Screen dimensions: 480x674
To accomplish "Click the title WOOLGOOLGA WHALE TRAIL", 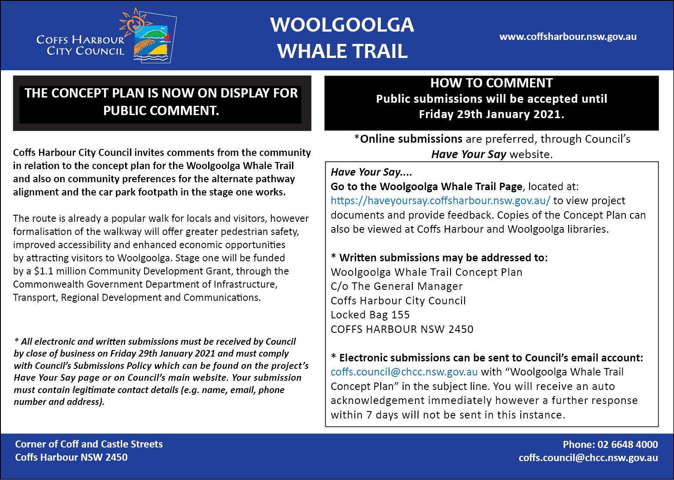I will pos(342,38).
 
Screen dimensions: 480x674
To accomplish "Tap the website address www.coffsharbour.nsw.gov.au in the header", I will pos(568,37).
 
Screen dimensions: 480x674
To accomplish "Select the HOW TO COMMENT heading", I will pos(491,83).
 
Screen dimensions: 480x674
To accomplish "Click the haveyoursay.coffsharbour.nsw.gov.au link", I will pos(440,201).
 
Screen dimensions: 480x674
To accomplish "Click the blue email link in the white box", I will pos(404,372).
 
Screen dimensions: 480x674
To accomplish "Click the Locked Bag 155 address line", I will pos(370,315).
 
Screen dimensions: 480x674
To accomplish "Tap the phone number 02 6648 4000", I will pos(627,444).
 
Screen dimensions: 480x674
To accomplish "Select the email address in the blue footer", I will pos(588,458).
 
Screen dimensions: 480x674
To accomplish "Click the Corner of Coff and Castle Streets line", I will pos(89,444).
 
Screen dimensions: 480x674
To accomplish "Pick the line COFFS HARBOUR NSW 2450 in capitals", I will pos(402,329).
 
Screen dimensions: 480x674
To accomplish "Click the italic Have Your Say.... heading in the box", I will pos(371,172).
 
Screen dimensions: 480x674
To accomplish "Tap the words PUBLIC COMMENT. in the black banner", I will pos(161,111).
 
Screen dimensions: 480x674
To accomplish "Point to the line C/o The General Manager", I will pos(396,286).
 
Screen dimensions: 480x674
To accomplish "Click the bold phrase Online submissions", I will pos(411,139).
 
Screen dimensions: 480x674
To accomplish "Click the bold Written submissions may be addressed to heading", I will pos(443,258).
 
